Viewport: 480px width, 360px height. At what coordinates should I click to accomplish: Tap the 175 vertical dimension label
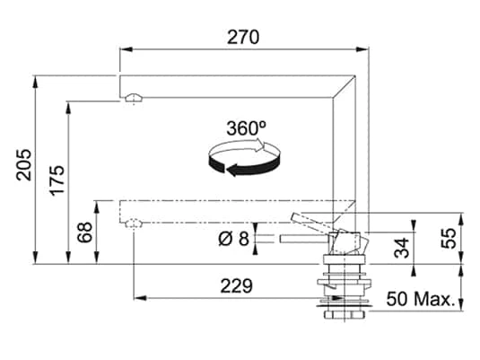tap(57, 180)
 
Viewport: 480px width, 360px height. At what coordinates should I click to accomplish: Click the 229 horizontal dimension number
tap(235, 285)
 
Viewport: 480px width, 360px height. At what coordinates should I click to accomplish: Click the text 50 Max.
tap(420, 298)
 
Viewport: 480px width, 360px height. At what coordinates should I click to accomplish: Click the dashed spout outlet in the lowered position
tap(133, 223)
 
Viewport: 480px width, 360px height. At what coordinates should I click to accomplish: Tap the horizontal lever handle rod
tap(305, 239)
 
